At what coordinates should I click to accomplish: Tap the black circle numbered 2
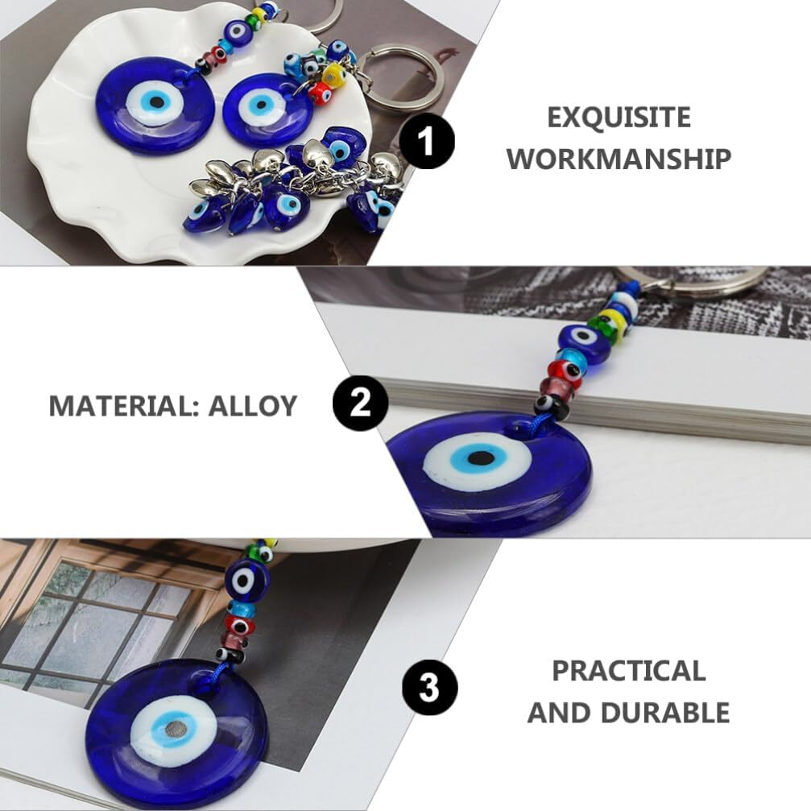coord(360,402)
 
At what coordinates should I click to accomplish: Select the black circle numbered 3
coord(429,689)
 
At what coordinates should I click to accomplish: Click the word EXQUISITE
coord(619,118)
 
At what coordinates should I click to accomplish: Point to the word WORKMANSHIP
coord(619,159)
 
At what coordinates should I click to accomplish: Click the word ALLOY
coord(253,405)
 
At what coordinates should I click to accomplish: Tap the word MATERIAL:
coord(124,405)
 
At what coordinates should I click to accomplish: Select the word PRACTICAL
coord(628,670)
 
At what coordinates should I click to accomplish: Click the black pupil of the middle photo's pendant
coord(482,459)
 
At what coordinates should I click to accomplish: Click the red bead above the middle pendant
coord(566,370)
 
